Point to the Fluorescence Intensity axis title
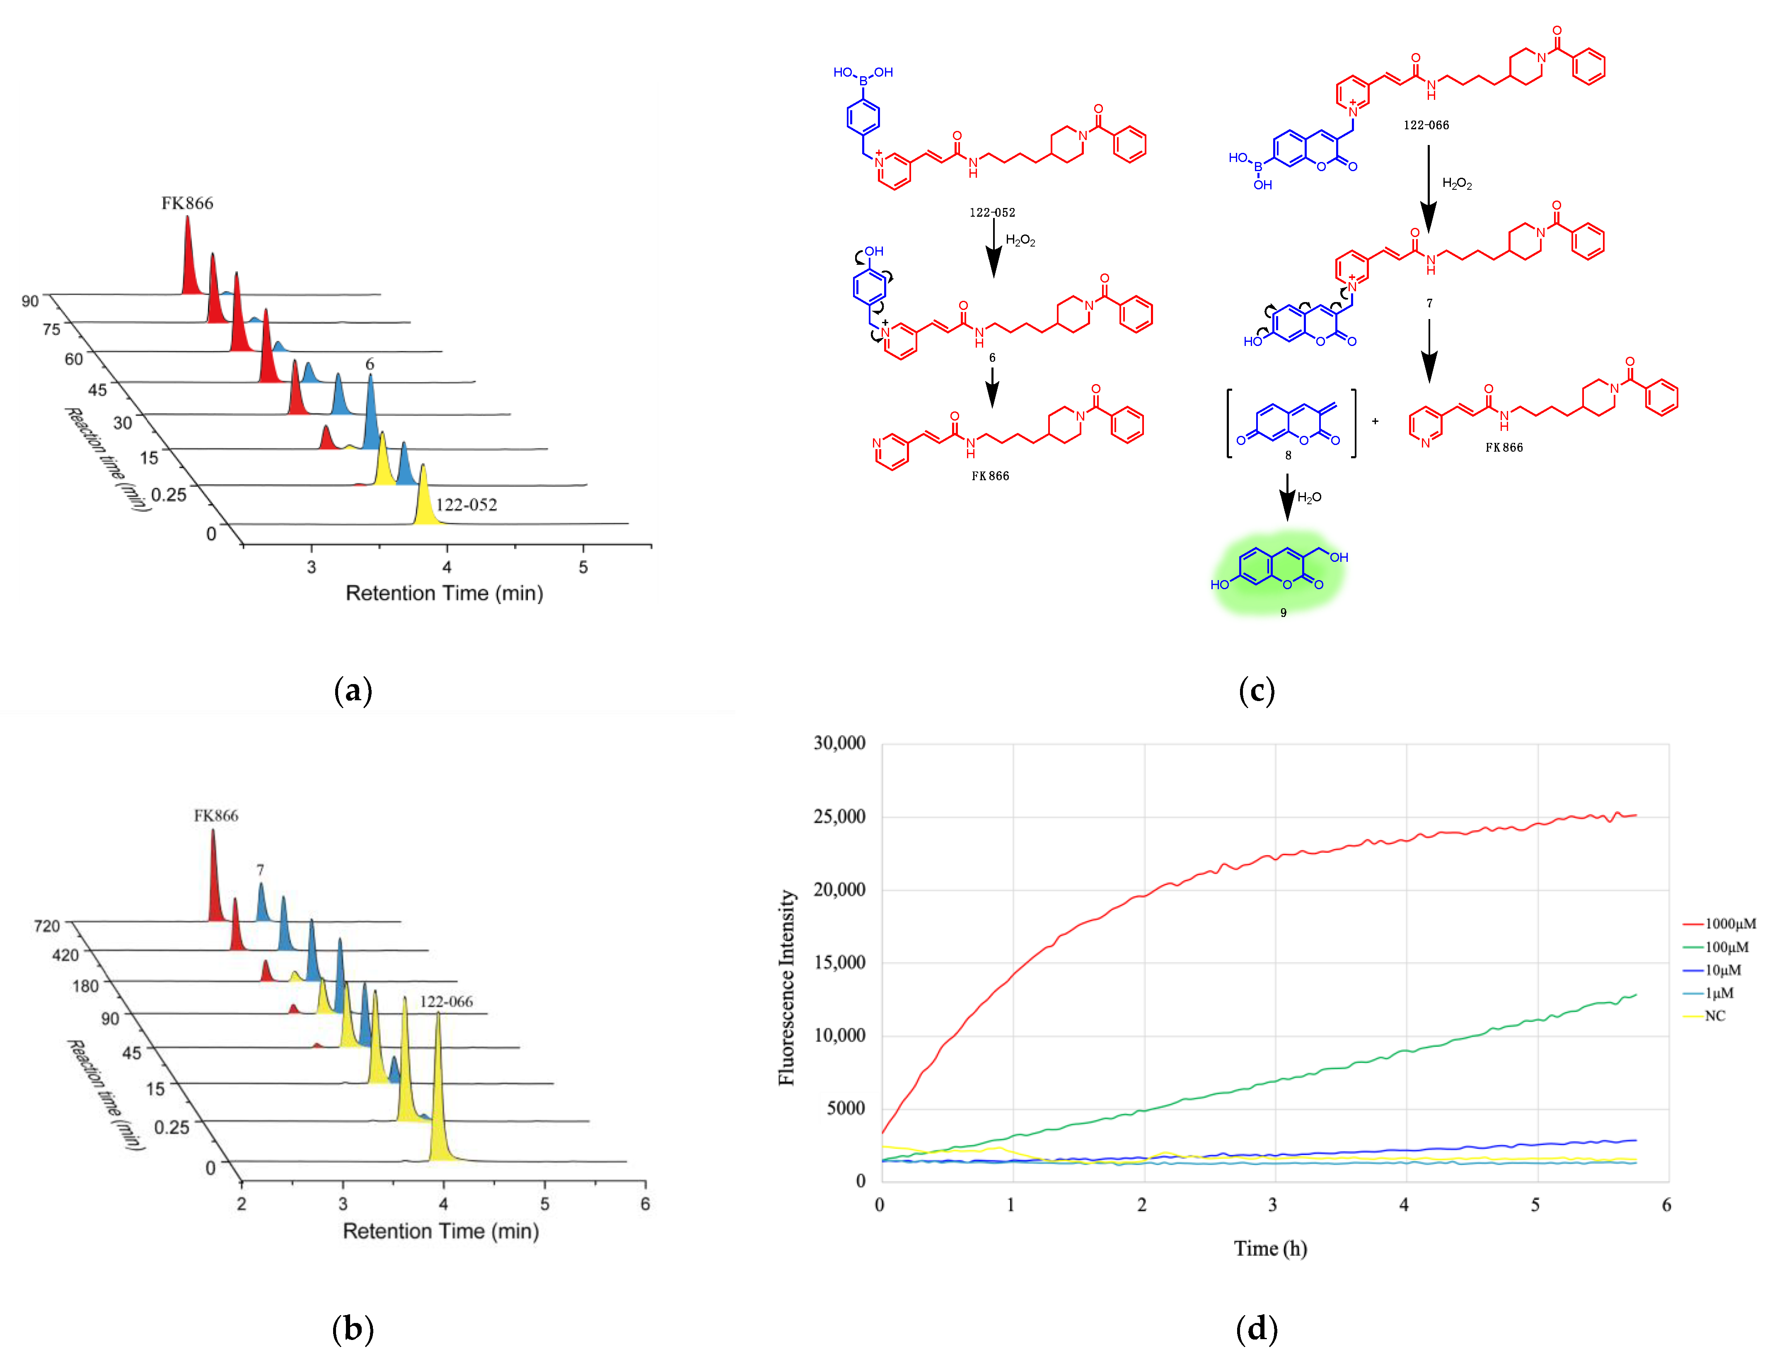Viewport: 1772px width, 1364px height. [x=786, y=987]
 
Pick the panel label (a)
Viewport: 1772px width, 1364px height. [x=353, y=691]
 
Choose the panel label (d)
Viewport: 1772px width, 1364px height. [x=1256, y=1328]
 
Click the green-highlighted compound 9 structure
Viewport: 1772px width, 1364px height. [x=1279, y=571]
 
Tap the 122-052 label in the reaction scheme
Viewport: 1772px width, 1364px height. [x=991, y=213]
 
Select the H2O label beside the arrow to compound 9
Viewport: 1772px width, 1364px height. [x=1309, y=497]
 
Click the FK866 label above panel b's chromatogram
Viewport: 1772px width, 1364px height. [x=216, y=815]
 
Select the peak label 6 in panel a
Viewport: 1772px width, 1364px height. [x=370, y=364]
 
